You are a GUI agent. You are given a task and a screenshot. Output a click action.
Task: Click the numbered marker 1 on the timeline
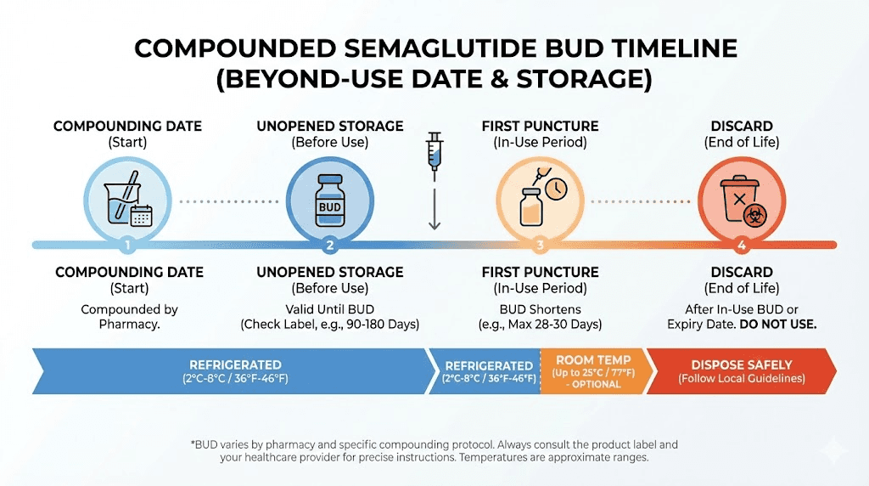[x=126, y=246]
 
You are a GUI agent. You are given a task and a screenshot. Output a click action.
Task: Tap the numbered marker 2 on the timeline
[x=329, y=246]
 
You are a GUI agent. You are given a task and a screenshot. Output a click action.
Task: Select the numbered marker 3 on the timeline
[x=540, y=246]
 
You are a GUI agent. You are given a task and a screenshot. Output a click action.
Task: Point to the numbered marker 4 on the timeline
[x=741, y=246]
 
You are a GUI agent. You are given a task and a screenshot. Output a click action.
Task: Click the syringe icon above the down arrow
[x=435, y=151]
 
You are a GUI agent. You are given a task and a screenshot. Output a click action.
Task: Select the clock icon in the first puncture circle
[x=556, y=189]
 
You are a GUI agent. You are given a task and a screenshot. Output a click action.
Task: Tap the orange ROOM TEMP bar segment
[x=593, y=370]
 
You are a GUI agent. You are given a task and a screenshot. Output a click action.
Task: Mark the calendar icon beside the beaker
[x=141, y=215]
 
